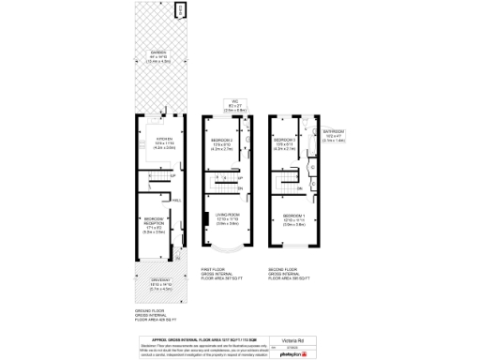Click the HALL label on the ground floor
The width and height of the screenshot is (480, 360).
coord(176,199)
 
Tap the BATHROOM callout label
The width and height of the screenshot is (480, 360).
coord(335,131)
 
